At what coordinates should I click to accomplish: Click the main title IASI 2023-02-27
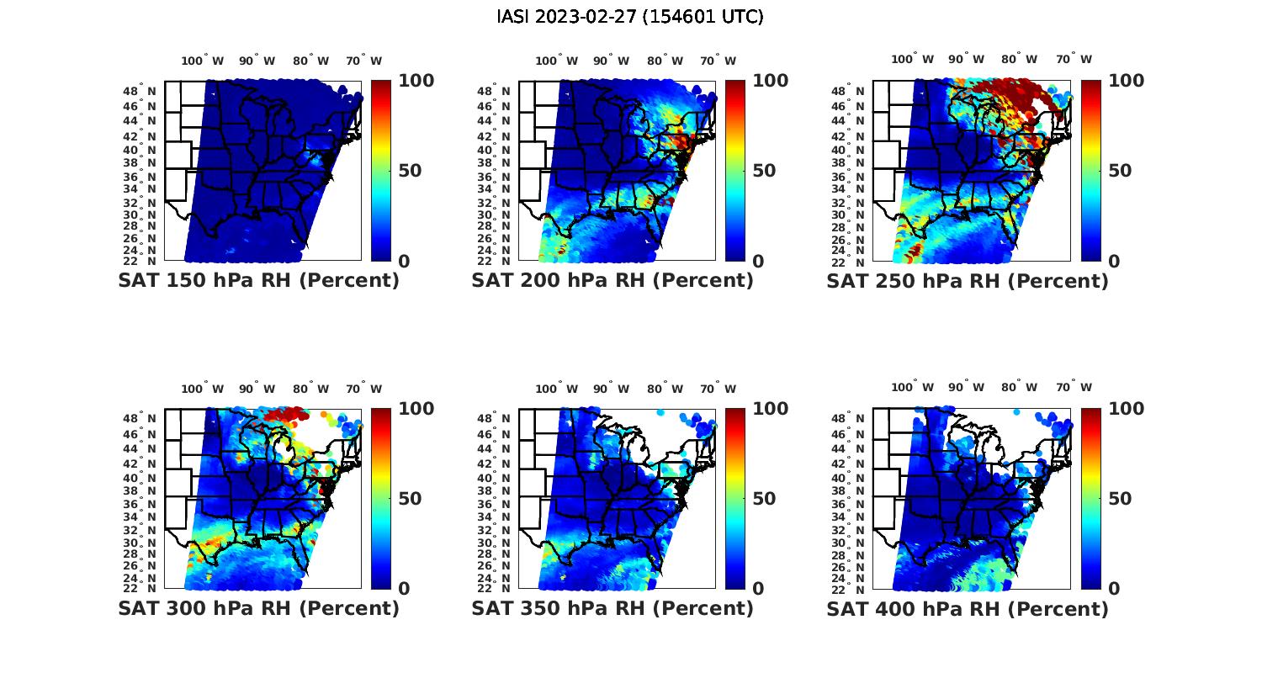pos(630,17)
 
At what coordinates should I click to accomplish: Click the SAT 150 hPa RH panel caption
pos(258,281)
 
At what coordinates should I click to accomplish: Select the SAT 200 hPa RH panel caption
pos(612,281)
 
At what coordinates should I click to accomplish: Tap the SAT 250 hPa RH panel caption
pos(968,281)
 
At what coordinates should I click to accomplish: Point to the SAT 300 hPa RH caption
pos(258,608)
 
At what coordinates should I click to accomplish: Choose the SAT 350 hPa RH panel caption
pos(612,608)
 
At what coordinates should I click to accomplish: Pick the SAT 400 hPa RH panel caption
pos(968,608)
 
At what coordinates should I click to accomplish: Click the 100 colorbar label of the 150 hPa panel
pos(416,81)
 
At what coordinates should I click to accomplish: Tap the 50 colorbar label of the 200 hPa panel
pos(763,171)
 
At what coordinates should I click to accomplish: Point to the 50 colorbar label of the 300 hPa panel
pos(409,499)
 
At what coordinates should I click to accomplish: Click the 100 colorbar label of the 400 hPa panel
pos(1126,409)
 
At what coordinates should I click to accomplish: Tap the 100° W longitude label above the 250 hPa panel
pos(911,59)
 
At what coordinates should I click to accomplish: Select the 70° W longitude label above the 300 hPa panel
pos(363,389)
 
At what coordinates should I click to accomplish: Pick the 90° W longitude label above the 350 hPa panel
pos(611,389)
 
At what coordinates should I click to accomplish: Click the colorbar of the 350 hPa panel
pos(734,498)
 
